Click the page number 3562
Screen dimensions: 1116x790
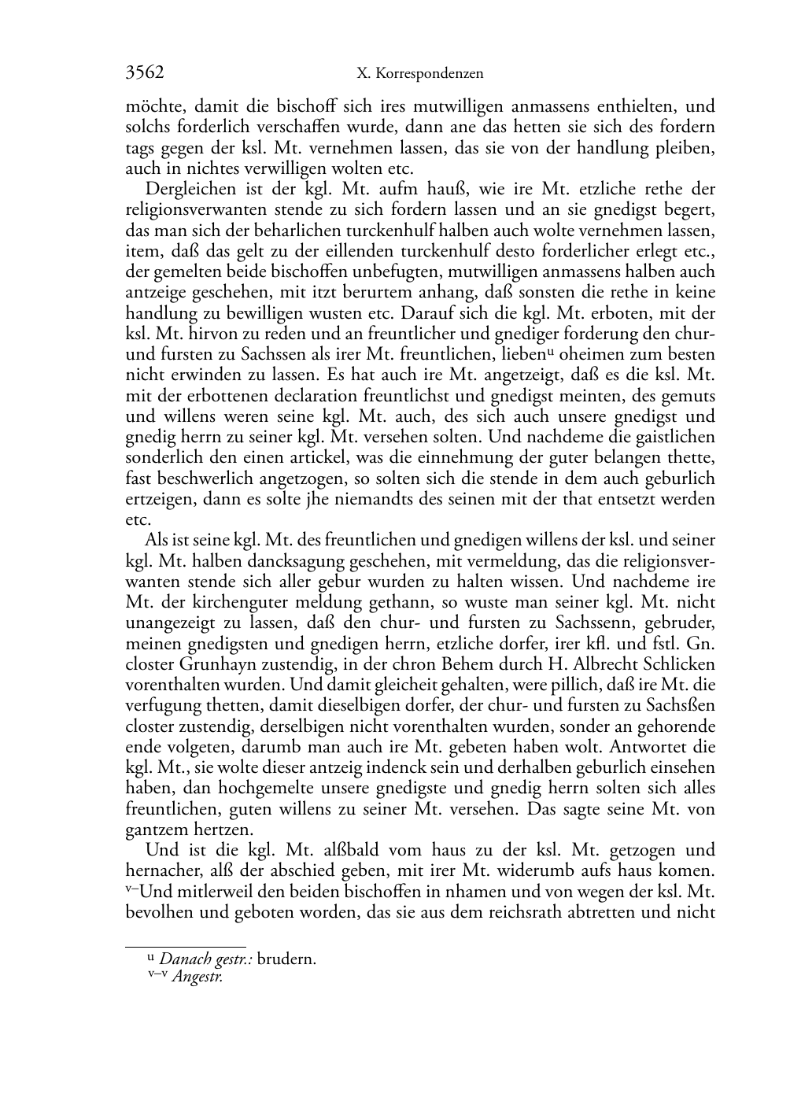(x=145, y=73)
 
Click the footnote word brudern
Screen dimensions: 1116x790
(x=286, y=959)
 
